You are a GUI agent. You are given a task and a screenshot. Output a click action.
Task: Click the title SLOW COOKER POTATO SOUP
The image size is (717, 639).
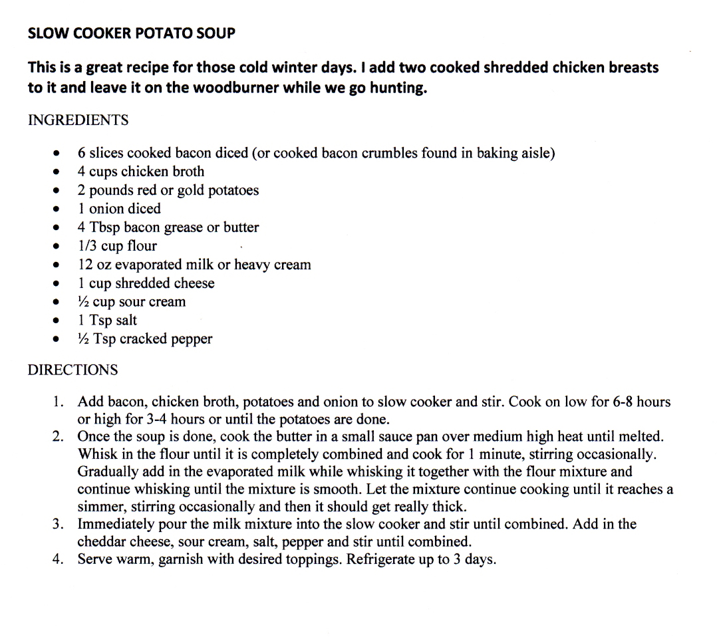[x=131, y=33]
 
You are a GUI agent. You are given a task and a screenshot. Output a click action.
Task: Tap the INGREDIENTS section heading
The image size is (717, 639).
[x=78, y=120]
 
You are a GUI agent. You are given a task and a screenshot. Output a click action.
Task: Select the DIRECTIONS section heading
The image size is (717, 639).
[x=72, y=370]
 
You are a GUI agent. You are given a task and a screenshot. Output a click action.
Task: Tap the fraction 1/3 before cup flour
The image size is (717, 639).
[x=87, y=245]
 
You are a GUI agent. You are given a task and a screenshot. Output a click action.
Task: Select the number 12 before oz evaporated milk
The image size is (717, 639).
[x=85, y=264]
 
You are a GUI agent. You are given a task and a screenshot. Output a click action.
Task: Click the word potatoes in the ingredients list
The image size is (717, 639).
[x=233, y=190]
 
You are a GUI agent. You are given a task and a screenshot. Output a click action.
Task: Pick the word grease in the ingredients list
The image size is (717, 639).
[x=182, y=227]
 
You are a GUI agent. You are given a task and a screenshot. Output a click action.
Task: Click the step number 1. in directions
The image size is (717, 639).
[x=59, y=402]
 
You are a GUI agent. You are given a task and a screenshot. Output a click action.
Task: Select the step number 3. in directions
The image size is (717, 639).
[x=59, y=524]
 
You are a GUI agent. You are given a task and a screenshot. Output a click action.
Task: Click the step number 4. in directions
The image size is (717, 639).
[x=59, y=559]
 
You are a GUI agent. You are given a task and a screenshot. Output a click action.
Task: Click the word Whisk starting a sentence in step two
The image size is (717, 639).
[x=97, y=454]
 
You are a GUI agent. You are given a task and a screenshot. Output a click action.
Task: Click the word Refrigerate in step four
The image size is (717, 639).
[x=380, y=559]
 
